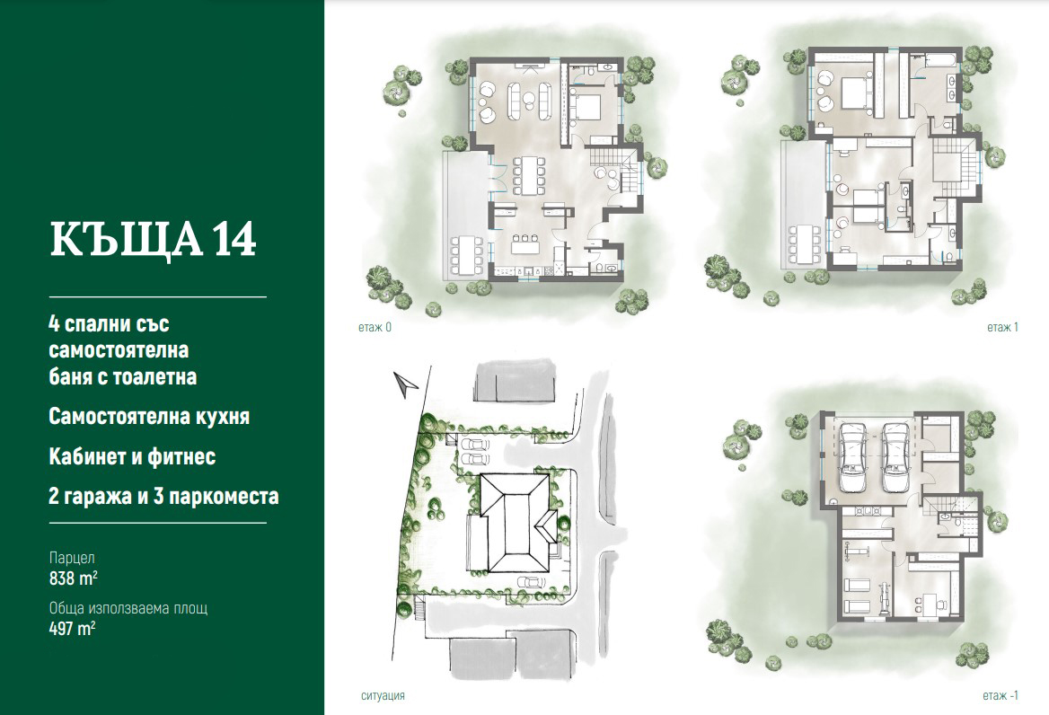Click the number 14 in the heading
click(234, 239)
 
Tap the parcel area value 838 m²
click(74, 578)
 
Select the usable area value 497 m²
click(72, 628)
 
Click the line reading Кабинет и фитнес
click(132, 457)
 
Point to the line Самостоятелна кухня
click(149, 417)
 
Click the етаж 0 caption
click(375, 328)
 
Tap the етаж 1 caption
click(1002, 328)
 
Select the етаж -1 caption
click(1001, 695)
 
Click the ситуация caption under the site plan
click(383, 695)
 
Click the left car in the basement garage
click(852, 456)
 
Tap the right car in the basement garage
click(894, 456)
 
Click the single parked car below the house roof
click(531, 582)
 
